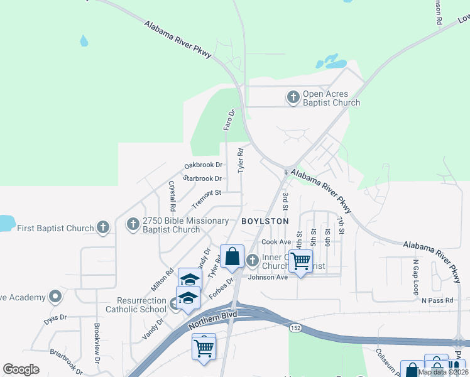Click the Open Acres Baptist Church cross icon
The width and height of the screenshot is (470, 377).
(293, 97)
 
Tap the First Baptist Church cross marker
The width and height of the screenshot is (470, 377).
(103, 227)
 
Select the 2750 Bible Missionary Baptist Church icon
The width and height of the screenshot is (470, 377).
(133, 224)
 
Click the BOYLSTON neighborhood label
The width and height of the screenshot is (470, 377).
(265, 221)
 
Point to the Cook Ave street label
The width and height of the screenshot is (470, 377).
(276, 242)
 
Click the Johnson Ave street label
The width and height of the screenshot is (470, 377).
(268, 277)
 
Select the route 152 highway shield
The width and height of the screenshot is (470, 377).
(294, 328)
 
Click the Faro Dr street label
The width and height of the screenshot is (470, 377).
(229, 120)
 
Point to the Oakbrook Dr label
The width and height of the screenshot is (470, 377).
(204, 165)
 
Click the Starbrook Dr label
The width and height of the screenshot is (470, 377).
(202, 178)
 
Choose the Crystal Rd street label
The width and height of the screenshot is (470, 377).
(172, 195)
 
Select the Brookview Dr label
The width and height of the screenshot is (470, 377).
(97, 342)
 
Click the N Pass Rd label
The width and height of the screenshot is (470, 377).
(437, 300)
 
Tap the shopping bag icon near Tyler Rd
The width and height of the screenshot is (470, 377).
(232, 256)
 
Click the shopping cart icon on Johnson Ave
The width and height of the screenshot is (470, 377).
(301, 260)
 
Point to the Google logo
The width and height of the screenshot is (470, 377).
(21, 369)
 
